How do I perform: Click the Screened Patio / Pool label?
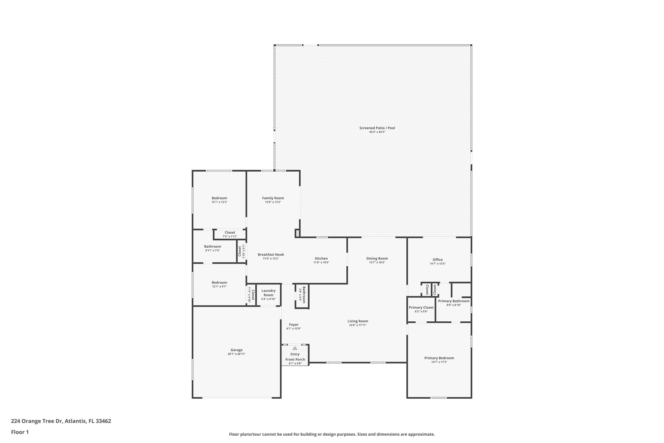(377, 128)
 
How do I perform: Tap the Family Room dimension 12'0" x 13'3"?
(273, 202)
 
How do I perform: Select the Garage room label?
(236, 350)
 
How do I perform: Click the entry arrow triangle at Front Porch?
(295, 348)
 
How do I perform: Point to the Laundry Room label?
(268, 293)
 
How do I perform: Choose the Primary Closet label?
(421, 307)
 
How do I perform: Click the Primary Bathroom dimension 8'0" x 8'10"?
(453, 305)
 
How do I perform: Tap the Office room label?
(437, 260)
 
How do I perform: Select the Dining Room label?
(377, 258)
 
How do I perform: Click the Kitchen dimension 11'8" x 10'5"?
(321, 262)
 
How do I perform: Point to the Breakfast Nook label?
(271, 255)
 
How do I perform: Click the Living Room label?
(358, 321)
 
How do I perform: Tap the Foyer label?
(294, 325)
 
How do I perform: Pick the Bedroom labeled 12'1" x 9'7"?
(219, 283)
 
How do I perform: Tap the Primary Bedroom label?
(439, 358)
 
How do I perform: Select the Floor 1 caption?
(20, 432)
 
